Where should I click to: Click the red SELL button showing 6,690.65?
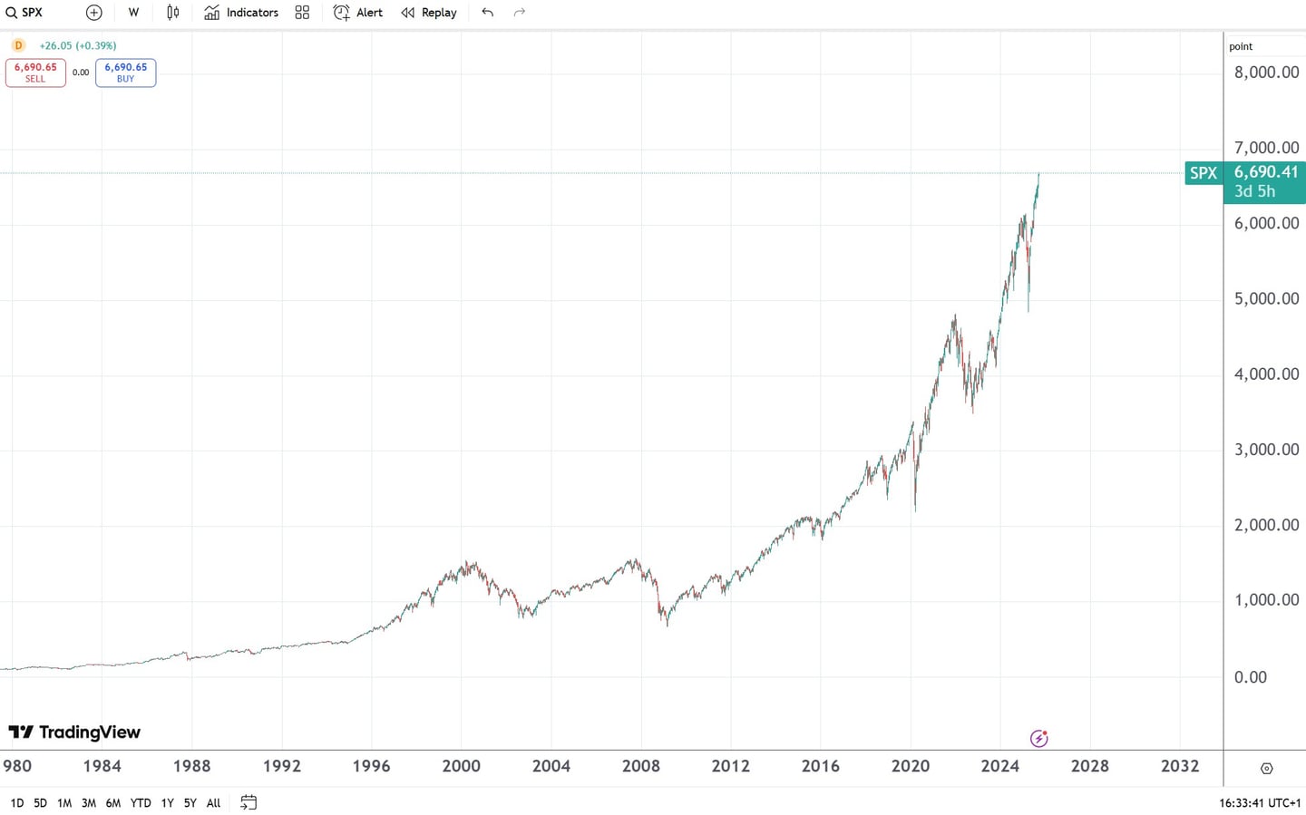click(35, 73)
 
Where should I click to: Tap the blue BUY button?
click(125, 73)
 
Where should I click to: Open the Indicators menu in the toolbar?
click(241, 13)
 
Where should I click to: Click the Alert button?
click(358, 13)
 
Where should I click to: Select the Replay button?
click(429, 13)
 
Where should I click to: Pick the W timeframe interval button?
click(133, 13)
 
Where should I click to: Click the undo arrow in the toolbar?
click(488, 13)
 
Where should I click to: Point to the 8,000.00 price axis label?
click(1266, 73)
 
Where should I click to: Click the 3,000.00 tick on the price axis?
click(1266, 450)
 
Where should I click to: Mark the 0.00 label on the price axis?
click(1251, 677)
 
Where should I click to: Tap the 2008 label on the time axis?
click(641, 766)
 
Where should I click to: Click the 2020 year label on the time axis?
click(911, 766)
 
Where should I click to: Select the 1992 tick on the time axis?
click(282, 766)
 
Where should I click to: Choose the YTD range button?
click(141, 803)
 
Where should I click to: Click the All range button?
click(213, 803)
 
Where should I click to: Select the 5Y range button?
click(190, 803)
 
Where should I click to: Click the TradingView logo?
click(74, 733)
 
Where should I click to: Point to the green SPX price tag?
click(1204, 173)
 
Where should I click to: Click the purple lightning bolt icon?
click(1039, 739)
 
